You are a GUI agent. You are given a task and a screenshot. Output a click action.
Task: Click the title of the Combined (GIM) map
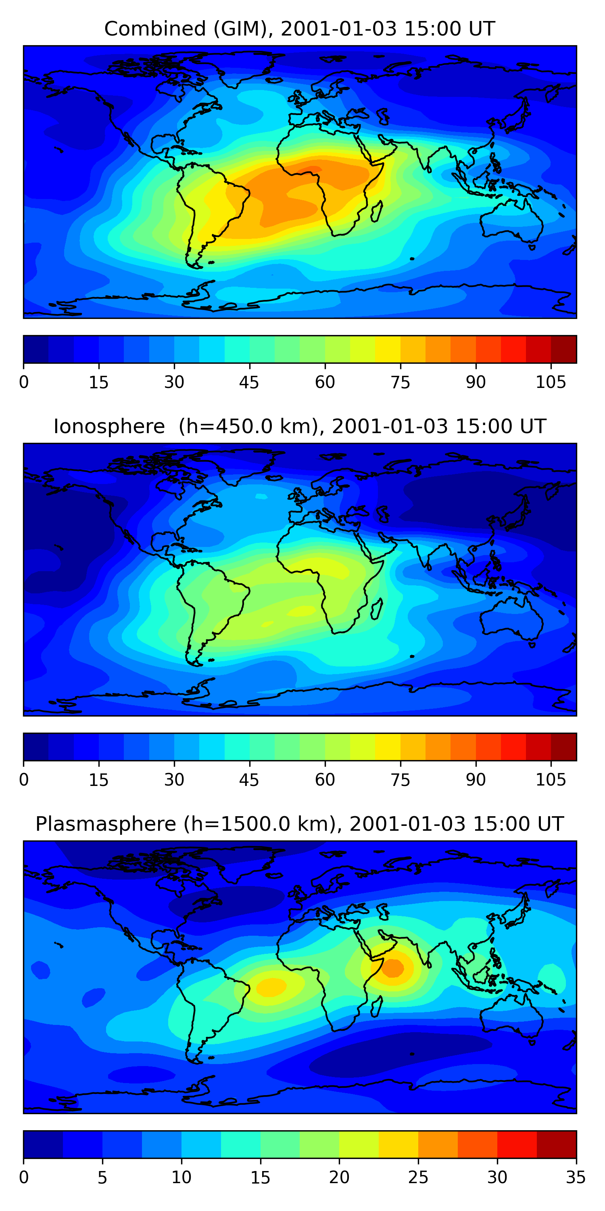(299, 29)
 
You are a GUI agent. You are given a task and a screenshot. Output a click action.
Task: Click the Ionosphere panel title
(299, 426)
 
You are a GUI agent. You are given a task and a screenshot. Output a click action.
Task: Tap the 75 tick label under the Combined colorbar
(400, 383)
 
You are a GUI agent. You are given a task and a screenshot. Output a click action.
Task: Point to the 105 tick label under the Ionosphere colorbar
(551, 780)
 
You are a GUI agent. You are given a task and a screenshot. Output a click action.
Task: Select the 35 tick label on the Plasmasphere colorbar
(576, 1177)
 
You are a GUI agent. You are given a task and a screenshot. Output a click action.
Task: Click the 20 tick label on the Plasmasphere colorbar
(339, 1177)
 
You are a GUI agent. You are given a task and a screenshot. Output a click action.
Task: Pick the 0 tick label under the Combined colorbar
(24, 383)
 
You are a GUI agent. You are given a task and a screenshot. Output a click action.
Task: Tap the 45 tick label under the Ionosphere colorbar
(249, 780)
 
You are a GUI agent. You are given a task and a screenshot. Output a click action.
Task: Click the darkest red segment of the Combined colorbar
(564, 349)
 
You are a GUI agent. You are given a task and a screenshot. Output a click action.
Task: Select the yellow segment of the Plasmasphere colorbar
(398, 1144)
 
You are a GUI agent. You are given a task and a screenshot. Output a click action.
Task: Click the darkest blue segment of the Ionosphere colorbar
(36, 746)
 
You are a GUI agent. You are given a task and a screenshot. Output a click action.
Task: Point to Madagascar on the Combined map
(377, 212)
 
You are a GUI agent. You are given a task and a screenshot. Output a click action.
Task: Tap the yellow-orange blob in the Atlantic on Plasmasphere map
(271, 986)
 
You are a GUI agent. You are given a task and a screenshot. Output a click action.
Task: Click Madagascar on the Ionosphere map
(377, 609)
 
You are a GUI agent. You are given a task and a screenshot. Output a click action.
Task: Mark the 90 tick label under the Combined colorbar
(476, 383)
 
